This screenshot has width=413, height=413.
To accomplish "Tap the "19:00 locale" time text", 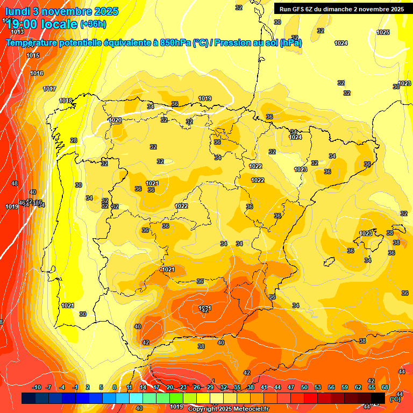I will [41, 24].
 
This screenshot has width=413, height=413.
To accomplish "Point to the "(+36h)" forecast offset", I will [93, 24].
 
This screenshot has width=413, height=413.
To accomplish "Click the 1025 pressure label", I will [383, 33].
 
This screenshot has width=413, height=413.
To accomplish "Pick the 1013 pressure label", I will [17, 32].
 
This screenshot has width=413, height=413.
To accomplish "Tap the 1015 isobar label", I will [33, 56].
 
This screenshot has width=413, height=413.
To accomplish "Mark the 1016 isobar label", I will [37, 73].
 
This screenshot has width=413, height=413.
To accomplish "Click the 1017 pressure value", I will [49, 89].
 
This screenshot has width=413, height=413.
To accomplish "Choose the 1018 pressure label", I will [66, 101].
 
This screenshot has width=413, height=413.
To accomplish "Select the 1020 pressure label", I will [115, 120].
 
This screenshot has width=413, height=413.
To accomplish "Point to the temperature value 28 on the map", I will [74, 140].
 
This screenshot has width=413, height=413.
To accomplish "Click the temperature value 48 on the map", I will [15, 183].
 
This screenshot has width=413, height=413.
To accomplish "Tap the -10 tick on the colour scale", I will [37, 387].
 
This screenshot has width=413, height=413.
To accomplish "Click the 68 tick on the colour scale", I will [385, 387].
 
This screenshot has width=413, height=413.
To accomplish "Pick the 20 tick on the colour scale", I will [170, 387].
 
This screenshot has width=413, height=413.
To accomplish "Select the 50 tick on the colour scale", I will [304, 387].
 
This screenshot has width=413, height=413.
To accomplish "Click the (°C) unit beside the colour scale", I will [395, 399].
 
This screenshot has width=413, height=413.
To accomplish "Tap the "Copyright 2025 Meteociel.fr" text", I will [229, 409].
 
